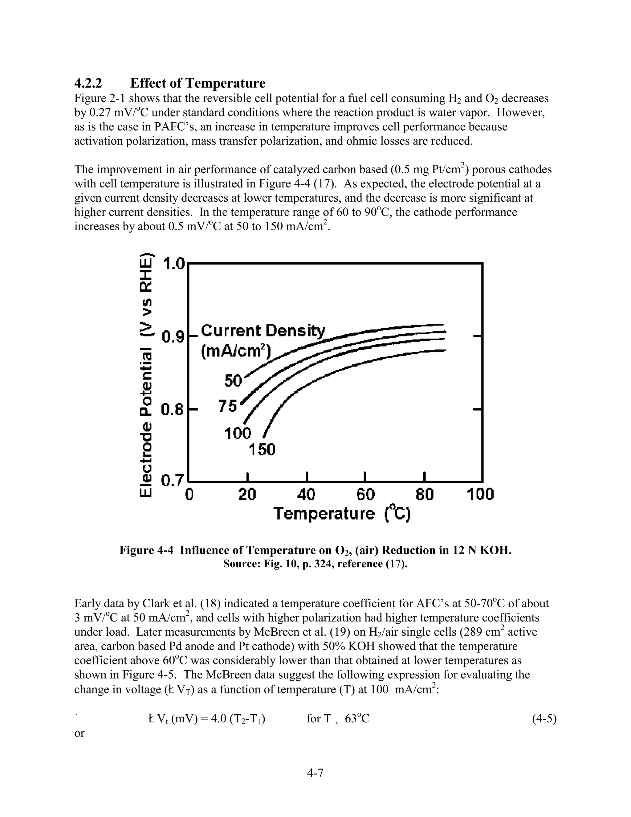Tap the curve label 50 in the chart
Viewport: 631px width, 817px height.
click(x=233, y=381)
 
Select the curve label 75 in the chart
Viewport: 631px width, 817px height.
click(x=228, y=406)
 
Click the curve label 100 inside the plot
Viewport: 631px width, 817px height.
click(x=237, y=433)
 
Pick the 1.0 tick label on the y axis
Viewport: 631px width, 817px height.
click(x=174, y=264)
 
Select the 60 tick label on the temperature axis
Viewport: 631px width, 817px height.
click(x=365, y=495)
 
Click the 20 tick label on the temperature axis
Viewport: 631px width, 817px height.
click(x=247, y=495)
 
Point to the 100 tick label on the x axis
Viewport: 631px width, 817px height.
click(x=480, y=495)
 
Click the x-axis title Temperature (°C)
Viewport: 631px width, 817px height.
click(x=342, y=514)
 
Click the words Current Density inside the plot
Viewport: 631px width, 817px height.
click(x=263, y=331)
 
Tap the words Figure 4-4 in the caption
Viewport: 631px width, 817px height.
click(x=146, y=550)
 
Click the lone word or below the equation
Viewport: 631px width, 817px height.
click(x=79, y=733)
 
